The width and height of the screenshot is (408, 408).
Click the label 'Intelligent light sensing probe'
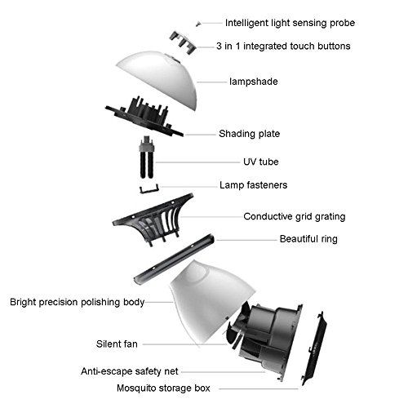pos(290,23)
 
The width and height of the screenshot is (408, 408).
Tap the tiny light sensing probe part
pos(198,24)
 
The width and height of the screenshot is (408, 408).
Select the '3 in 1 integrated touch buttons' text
pos(283,47)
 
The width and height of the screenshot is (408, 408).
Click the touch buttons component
pos(183,42)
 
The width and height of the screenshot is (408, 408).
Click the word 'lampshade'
pos(254,82)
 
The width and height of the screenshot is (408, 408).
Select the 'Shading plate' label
pos(249,134)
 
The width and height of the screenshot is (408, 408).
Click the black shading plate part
pos(144,117)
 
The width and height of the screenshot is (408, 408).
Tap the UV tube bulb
pos(147,157)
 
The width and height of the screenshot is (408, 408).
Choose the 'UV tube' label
pos(261,162)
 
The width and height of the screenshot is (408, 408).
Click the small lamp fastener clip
pos(149,189)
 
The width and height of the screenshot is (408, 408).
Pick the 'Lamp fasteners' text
pos(253,185)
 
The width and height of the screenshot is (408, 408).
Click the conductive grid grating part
pos(153,219)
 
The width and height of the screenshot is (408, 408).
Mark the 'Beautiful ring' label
pos(308,239)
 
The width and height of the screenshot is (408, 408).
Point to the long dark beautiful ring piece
pos(174,259)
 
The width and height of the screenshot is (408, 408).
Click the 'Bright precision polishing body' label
pos(77,302)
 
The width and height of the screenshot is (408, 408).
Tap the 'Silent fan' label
pos(117,344)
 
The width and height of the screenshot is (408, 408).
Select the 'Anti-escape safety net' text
pos(130,371)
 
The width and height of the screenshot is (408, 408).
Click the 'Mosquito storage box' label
pos(163,388)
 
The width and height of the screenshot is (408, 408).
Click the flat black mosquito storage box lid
pos(314,348)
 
